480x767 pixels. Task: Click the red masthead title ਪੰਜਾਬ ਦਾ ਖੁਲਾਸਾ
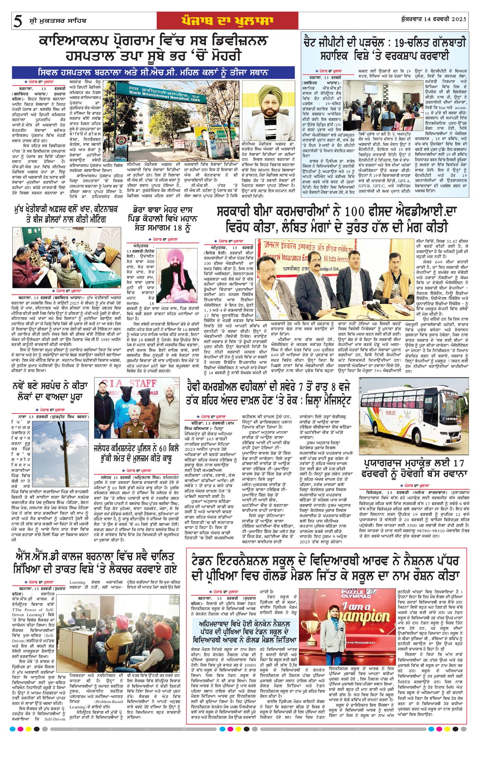coord(227,21)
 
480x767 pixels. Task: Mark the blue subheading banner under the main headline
coord(154,73)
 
